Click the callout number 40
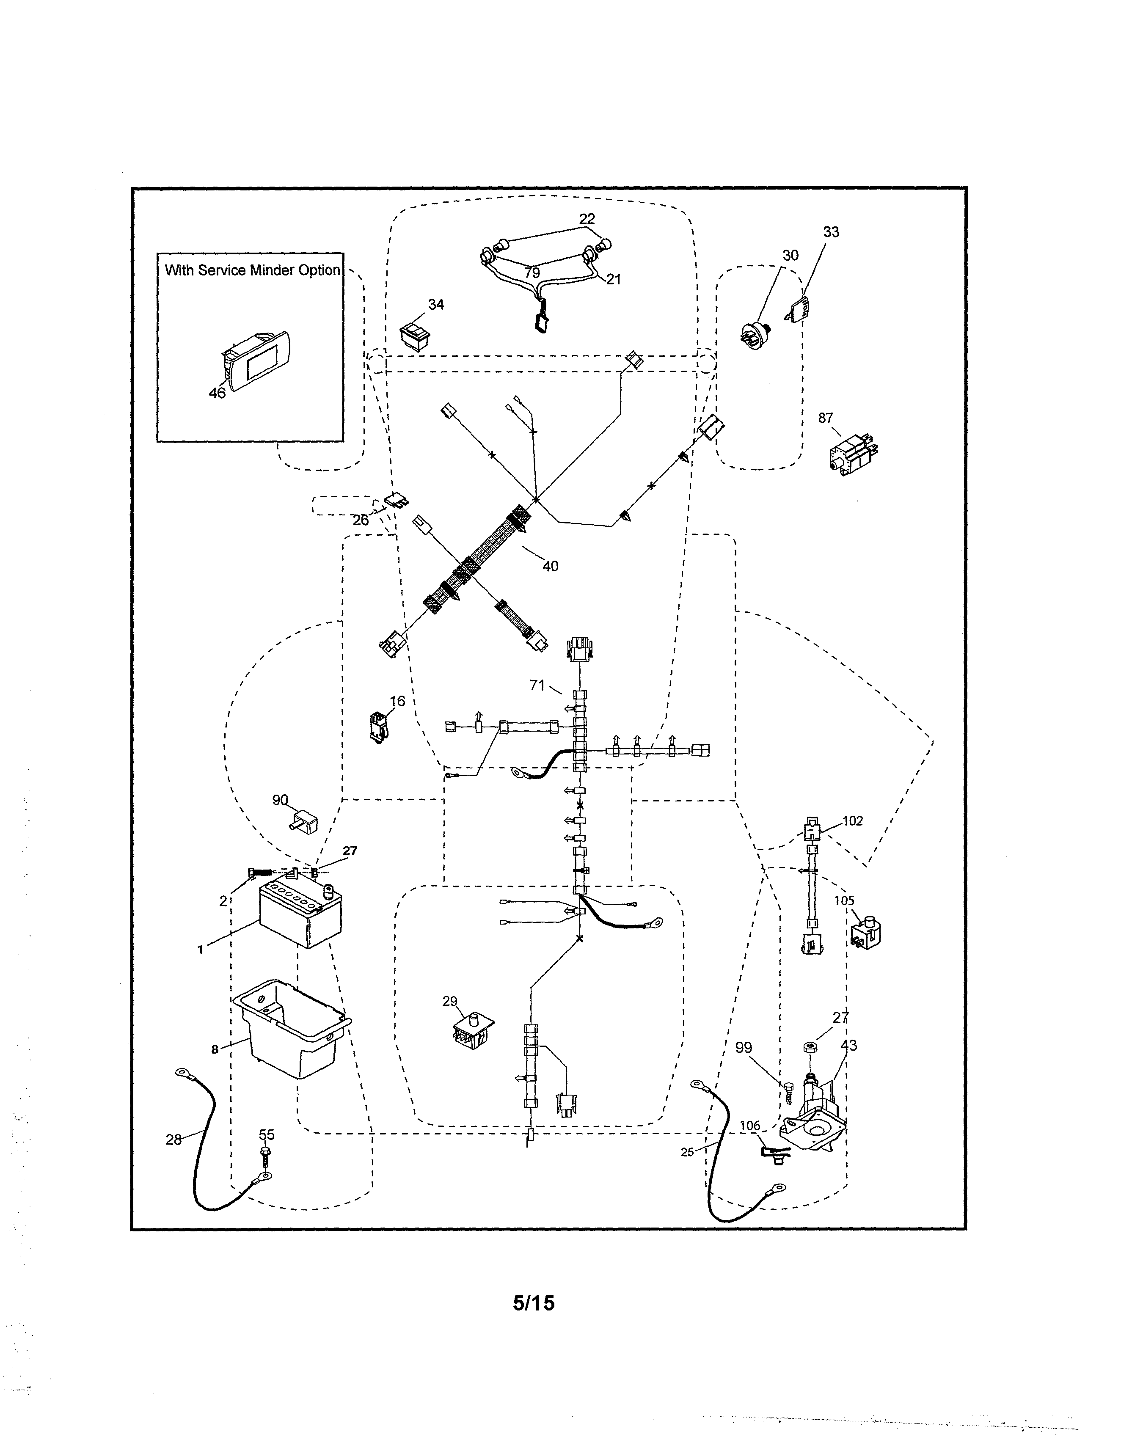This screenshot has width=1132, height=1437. [550, 566]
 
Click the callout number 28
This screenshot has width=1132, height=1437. [173, 1140]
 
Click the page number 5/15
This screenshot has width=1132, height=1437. [534, 1303]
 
